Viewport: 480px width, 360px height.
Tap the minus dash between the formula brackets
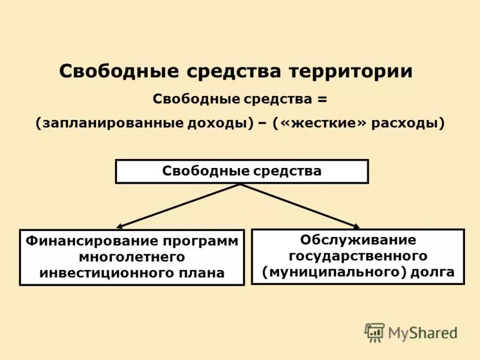262,124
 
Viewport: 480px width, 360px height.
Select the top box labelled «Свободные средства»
241,171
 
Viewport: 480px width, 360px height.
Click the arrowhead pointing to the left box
119,227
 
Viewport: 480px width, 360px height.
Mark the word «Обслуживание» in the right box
358,240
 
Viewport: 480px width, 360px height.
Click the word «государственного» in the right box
358,256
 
